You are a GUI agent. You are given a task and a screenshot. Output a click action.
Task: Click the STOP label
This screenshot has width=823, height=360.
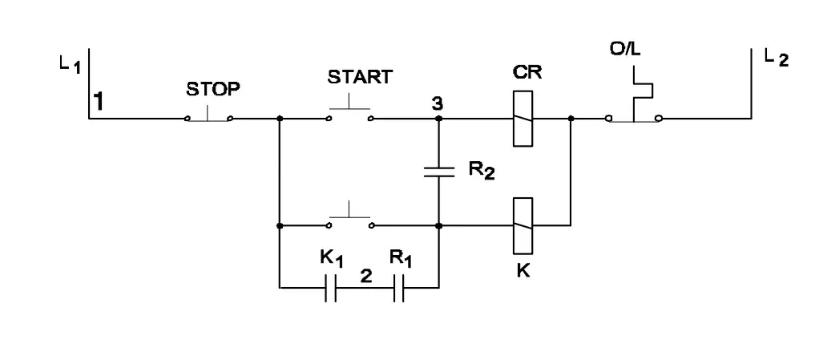pyautogui.click(x=213, y=90)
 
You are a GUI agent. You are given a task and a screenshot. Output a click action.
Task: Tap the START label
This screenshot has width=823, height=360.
pyautogui.click(x=360, y=77)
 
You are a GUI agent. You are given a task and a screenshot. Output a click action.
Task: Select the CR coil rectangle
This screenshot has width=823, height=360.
pyautogui.click(x=522, y=118)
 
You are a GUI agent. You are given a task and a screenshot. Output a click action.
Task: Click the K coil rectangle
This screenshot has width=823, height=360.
pyautogui.click(x=522, y=225)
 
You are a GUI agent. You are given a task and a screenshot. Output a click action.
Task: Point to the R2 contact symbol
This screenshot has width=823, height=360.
pyautogui.click(x=439, y=172)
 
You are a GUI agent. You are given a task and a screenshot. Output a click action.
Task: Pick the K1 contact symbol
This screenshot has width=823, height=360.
pyautogui.click(x=330, y=288)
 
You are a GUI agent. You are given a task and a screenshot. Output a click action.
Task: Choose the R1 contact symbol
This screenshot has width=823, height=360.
pyautogui.click(x=398, y=288)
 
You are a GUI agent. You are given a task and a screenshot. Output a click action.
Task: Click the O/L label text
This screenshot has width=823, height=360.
pyautogui.click(x=625, y=50)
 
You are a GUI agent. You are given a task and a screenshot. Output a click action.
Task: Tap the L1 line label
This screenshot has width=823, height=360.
pyautogui.click(x=71, y=65)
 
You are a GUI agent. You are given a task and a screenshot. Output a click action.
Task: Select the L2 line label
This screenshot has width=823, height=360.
pyautogui.click(x=777, y=58)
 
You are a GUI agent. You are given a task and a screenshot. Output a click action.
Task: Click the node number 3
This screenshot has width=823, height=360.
pyautogui.click(x=437, y=104)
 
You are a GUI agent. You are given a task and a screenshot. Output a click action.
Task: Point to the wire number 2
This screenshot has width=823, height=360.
pyautogui.click(x=366, y=277)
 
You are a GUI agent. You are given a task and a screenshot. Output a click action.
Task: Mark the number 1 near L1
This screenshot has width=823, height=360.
pyautogui.click(x=98, y=101)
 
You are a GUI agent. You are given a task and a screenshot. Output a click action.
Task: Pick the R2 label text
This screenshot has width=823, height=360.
pyautogui.click(x=482, y=172)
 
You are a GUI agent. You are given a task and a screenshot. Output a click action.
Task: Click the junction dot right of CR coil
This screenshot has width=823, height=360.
pyautogui.click(x=571, y=118)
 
